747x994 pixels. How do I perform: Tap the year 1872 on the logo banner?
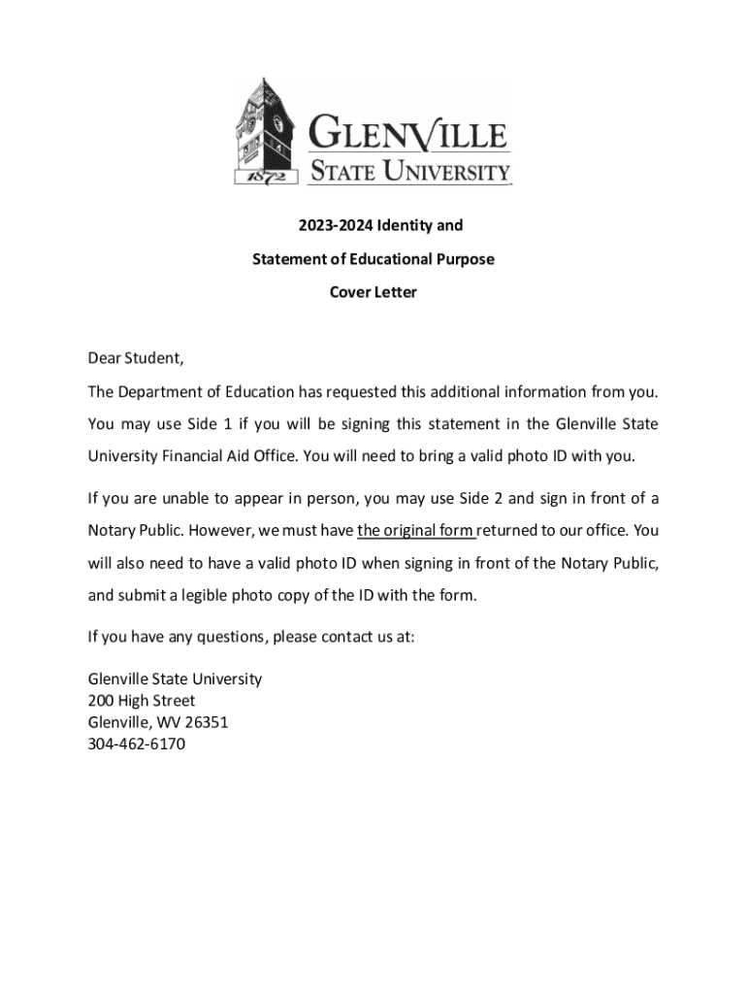258,177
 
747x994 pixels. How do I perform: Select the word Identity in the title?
406,225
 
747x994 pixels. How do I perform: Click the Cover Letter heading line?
373,292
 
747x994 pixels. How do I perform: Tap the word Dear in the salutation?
105,358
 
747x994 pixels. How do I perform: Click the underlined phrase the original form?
416,531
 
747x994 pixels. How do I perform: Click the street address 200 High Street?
142,701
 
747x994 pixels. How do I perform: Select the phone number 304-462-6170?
137,745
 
